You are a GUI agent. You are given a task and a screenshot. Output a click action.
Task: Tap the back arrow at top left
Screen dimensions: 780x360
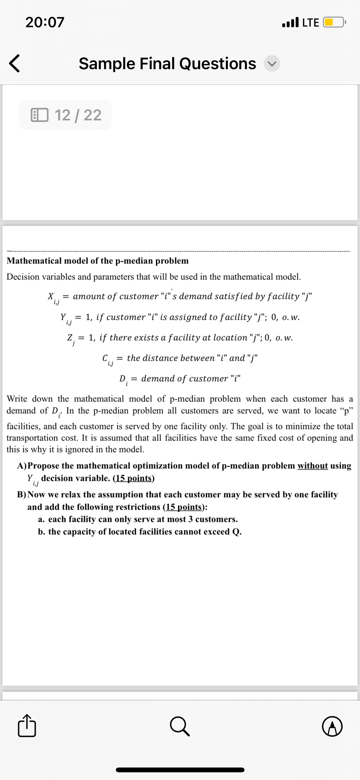(14, 63)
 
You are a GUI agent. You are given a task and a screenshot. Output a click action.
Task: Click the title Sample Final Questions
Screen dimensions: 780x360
(167, 63)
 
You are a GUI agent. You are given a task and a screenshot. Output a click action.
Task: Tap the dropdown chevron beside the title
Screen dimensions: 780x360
(272, 64)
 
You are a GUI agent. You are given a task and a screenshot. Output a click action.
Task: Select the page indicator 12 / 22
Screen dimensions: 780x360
(66, 115)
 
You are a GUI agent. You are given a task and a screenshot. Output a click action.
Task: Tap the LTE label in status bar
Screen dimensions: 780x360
(310, 23)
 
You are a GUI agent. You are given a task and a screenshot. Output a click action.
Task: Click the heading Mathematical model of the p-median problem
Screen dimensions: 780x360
(98, 261)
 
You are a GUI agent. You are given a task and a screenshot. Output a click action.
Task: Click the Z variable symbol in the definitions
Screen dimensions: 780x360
(69, 337)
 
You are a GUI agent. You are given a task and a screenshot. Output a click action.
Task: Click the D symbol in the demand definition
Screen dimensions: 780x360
(122, 378)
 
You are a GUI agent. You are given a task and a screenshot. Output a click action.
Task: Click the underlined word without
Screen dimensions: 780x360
(312, 466)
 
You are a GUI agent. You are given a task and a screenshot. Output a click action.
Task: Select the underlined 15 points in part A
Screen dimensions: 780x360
(133, 478)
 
